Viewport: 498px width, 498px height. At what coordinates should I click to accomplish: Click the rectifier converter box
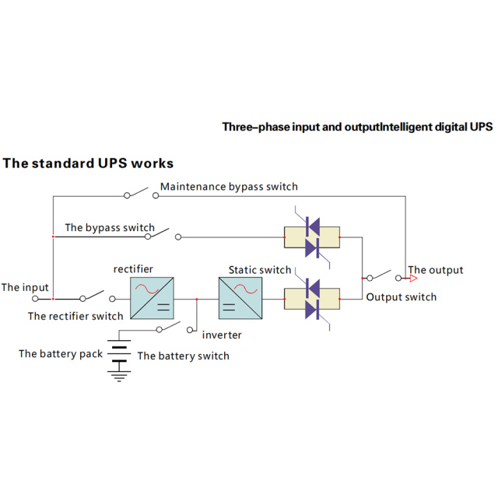point(152,298)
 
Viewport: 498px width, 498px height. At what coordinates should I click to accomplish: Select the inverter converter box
point(240,298)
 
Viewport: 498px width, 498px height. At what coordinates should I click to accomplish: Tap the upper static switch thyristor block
point(312,237)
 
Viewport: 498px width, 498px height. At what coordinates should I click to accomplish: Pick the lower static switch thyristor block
point(312,299)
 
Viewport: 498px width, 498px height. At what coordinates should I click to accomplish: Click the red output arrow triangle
point(413,279)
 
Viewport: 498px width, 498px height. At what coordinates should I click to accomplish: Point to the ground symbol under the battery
point(119,377)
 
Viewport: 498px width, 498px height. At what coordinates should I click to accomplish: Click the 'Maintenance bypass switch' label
point(229,187)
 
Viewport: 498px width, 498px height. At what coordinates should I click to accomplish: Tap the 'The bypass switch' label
point(110,228)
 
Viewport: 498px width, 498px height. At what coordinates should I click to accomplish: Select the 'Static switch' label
point(260,270)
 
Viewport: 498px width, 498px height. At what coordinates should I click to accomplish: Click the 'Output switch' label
point(402,297)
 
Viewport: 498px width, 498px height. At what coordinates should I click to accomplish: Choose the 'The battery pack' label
point(61,354)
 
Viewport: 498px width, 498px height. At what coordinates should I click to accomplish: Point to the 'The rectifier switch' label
point(75,316)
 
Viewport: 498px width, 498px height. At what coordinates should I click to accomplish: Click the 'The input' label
point(25,287)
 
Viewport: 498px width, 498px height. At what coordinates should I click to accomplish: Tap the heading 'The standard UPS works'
point(88,163)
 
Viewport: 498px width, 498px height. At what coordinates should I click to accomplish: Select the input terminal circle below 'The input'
point(35,299)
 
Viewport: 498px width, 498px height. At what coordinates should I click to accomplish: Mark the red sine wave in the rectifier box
point(147,289)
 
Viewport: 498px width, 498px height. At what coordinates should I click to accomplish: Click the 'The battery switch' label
point(184,356)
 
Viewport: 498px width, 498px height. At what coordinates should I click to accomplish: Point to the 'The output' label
point(436,270)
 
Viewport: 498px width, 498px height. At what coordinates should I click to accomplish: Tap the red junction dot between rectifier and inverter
point(197,299)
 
